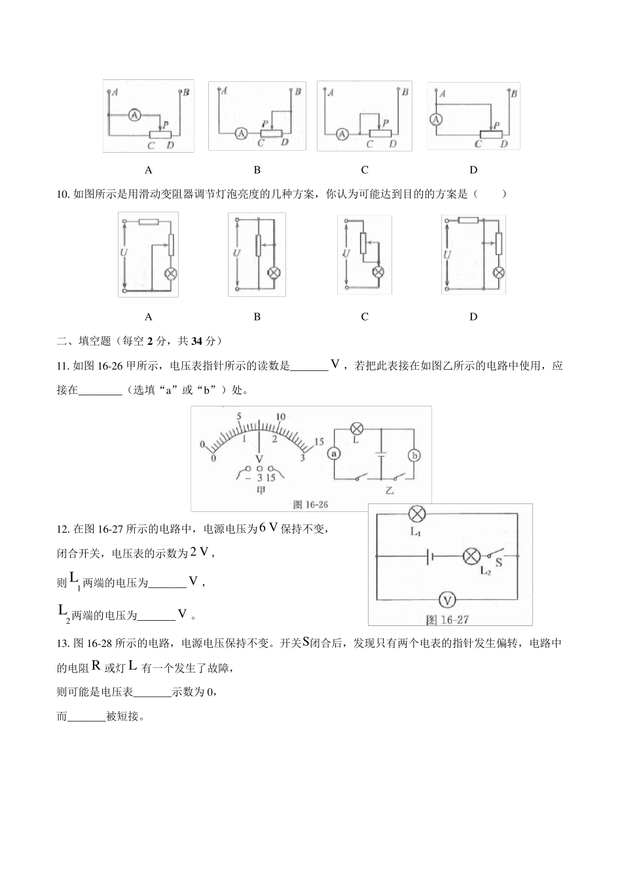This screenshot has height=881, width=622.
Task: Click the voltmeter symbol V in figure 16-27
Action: point(447,599)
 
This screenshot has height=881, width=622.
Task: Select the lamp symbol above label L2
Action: point(471,557)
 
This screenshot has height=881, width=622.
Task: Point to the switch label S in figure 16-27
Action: point(499,562)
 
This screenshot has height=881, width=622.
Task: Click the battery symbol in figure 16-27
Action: point(429,557)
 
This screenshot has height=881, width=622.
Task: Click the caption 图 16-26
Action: point(310,504)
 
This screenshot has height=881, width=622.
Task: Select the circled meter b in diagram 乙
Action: point(414,456)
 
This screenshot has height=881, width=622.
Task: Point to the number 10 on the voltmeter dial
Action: point(281,417)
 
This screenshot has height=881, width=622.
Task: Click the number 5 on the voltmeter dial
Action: point(240,417)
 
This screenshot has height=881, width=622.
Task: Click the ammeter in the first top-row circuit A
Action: point(134,115)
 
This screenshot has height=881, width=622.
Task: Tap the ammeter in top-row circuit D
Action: point(437,119)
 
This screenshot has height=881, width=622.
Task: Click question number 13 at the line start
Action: point(63,644)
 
